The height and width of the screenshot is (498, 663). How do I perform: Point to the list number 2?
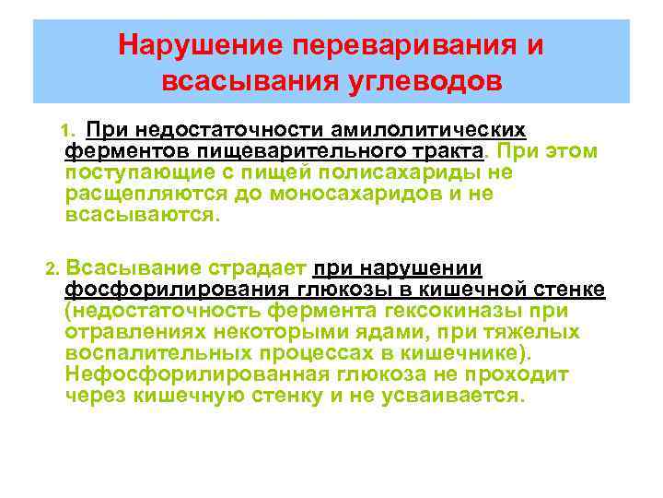click(x=52, y=269)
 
